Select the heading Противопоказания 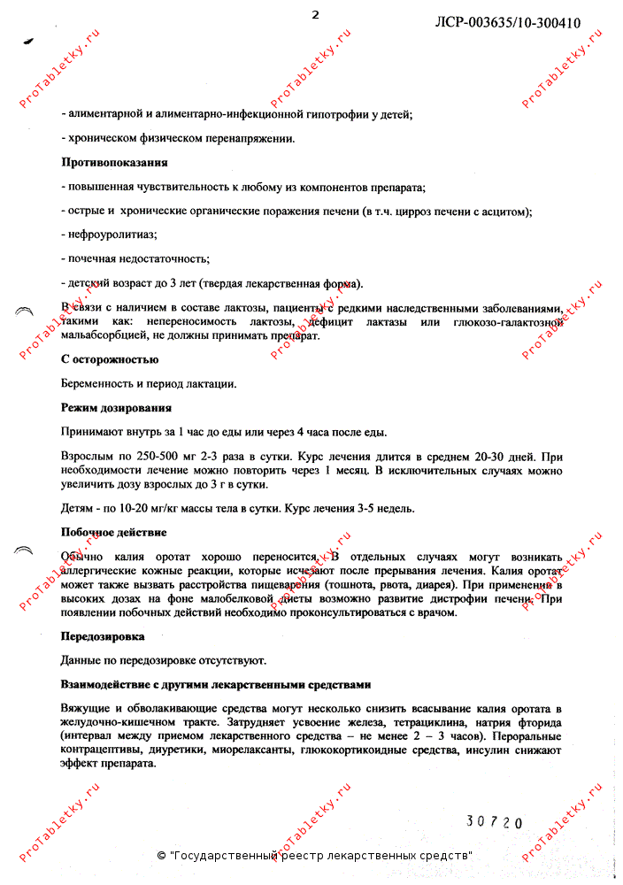114,163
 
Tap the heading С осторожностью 109,359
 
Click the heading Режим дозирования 116,408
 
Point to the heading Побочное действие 113,532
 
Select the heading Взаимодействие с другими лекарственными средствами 215,684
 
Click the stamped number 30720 495,822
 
